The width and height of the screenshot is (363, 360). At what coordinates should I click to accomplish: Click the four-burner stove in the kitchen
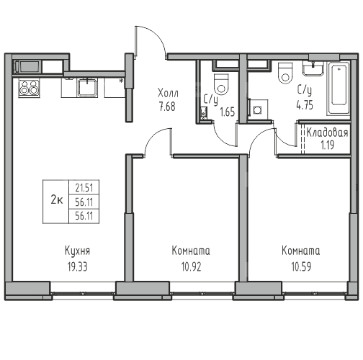click(x=30, y=89)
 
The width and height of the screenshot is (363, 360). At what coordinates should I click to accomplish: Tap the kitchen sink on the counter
click(x=87, y=87)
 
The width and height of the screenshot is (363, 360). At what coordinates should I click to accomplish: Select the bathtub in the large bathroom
click(x=339, y=89)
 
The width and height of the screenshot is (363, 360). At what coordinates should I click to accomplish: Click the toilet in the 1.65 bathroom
click(x=221, y=84)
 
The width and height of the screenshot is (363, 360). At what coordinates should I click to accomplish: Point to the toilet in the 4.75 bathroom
click(x=285, y=73)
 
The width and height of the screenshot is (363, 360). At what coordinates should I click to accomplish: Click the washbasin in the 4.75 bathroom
click(x=313, y=68)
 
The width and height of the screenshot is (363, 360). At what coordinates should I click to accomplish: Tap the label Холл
click(x=168, y=93)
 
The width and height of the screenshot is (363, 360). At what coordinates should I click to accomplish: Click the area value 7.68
click(x=167, y=107)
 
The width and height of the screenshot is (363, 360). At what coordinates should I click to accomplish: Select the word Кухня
click(x=77, y=251)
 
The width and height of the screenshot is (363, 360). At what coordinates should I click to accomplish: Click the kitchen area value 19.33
click(x=77, y=266)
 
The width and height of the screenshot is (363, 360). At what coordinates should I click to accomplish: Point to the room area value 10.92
click(x=191, y=266)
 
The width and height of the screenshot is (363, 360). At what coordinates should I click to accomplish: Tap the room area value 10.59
click(x=301, y=266)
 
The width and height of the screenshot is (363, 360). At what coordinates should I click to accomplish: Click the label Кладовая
click(x=327, y=132)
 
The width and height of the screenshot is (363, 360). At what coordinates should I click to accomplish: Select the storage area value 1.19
click(x=328, y=145)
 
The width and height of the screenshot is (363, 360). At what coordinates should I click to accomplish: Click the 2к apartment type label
click(x=57, y=199)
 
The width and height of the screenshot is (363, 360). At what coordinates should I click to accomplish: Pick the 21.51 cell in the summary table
click(x=84, y=188)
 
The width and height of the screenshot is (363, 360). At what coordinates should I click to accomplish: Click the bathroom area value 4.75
click(x=305, y=105)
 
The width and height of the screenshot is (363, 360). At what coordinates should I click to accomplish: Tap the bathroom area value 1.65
click(x=228, y=112)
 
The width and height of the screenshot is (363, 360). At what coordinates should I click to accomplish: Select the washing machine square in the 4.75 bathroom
click(x=258, y=109)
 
